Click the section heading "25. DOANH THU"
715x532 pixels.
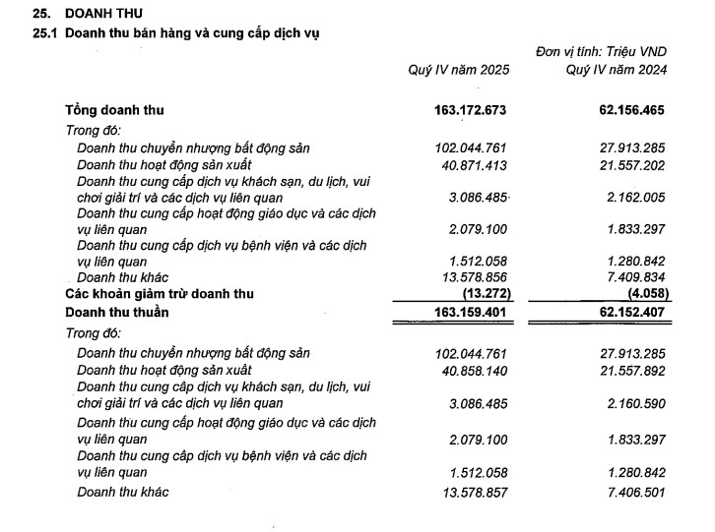(89, 14)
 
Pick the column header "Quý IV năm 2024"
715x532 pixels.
(617, 70)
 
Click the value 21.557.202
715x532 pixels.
(626, 164)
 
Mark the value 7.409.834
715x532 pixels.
(629, 279)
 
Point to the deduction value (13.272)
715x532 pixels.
(483, 295)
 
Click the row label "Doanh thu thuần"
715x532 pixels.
(117, 312)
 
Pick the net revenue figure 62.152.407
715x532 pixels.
(623, 313)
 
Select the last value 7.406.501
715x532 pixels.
(629, 492)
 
